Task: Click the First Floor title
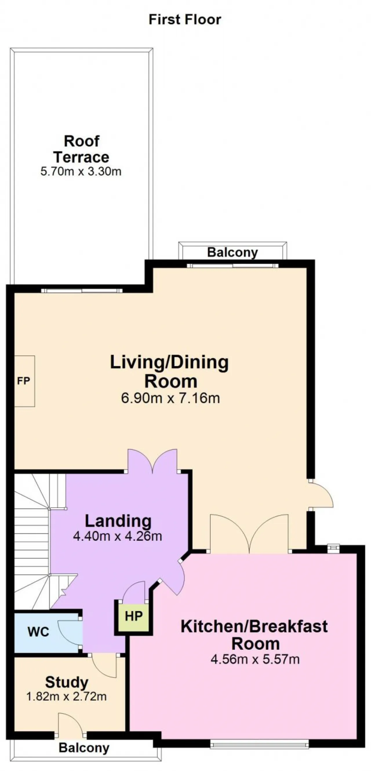tap(185, 20)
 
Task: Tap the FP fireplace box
tap(25, 381)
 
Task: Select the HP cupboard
tap(134, 617)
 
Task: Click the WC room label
tap(38, 632)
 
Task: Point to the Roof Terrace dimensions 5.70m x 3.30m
tap(81, 172)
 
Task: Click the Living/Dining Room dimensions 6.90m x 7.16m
tap(170, 398)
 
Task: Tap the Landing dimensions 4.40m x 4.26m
tap(118, 536)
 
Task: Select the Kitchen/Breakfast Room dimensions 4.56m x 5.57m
tap(255, 659)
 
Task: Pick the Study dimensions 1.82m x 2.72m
tap(66, 697)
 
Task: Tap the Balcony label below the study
tap(84, 748)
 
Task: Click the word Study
tap(67, 683)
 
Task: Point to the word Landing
tap(118, 521)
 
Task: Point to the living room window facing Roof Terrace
tap(82, 290)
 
